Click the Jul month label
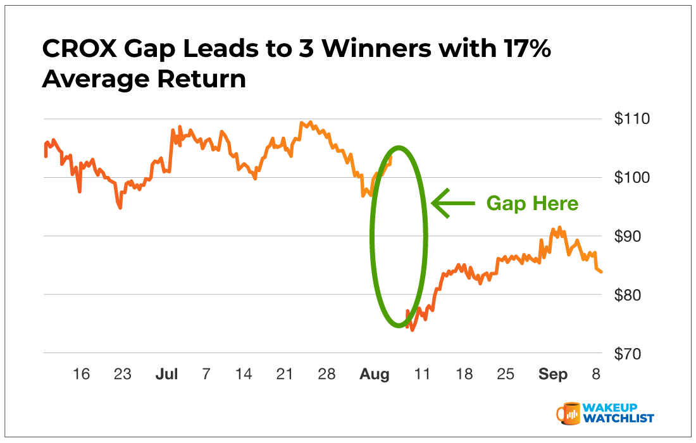[x=166, y=375]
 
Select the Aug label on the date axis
[x=374, y=375]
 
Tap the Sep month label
[x=553, y=375]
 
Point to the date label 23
[x=122, y=375]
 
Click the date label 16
[x=81, y=375]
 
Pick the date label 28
[x=326, y=375]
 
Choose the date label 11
[x=422, y=375]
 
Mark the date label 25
[x=505, y=375]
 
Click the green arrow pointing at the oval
[x=452, y=203]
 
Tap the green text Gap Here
[x=532, y=203]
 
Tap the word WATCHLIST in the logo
[x=619, y=418]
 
